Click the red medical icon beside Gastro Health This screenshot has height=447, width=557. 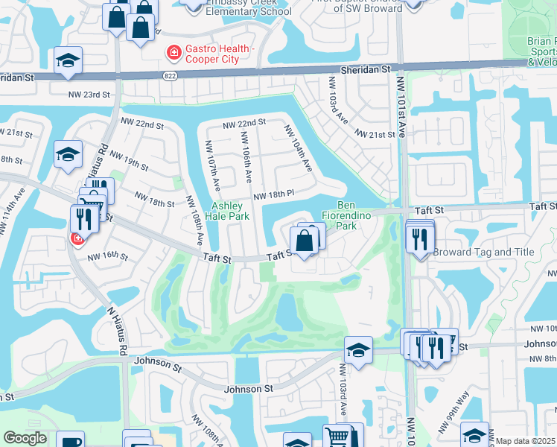[x=173, y=53]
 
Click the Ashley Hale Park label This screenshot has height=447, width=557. [x=230, y=211]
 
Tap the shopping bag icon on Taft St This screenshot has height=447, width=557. [x=304, y=241]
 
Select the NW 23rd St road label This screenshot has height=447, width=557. [x=89, y=95]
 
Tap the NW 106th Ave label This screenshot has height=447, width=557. [x=246, y=157]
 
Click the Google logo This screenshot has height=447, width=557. [x=25, y=438]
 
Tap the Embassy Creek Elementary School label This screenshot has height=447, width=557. [x=239, y=7]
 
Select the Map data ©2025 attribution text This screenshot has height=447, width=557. [x=526, y=441]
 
